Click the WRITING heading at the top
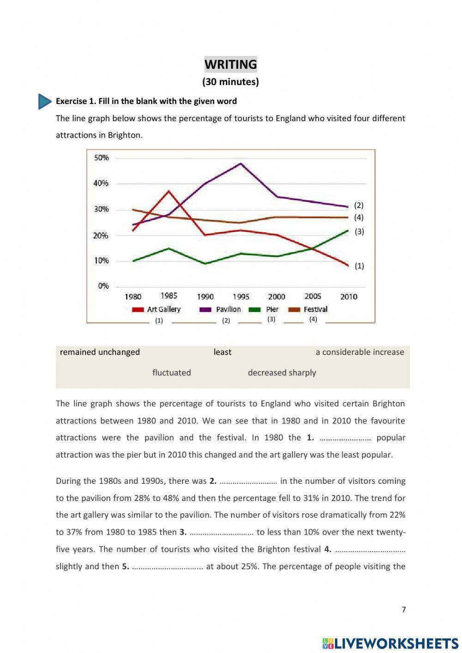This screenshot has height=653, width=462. tap(231, 64)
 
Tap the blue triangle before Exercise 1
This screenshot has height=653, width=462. tap(44, 101)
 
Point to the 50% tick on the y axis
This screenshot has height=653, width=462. tap(102, 158)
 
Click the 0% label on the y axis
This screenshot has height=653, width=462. tap(103, 286)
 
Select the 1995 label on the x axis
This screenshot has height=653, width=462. tap(241, 297)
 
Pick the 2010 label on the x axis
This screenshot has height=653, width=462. tap(349, 297)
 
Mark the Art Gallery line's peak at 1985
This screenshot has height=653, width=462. tap(169, 191)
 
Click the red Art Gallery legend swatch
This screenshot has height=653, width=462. tap(138, 310)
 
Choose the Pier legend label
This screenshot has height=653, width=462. tap(272, 310)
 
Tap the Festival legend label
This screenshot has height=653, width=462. tap(316, 310)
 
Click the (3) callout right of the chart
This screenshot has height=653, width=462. tap(359, 232)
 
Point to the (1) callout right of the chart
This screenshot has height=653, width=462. tap(359, 266)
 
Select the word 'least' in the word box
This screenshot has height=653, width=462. tap(222, 352)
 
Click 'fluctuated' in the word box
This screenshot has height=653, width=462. tap(171, 372)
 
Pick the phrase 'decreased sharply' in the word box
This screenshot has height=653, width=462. tap(282, 372)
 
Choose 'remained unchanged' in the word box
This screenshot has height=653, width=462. tap(100, 352)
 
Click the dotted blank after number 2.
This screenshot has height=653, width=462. tap(248, 482)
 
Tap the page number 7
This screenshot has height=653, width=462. tap(404, 610)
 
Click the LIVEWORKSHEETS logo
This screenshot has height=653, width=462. tap(390, 643)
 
